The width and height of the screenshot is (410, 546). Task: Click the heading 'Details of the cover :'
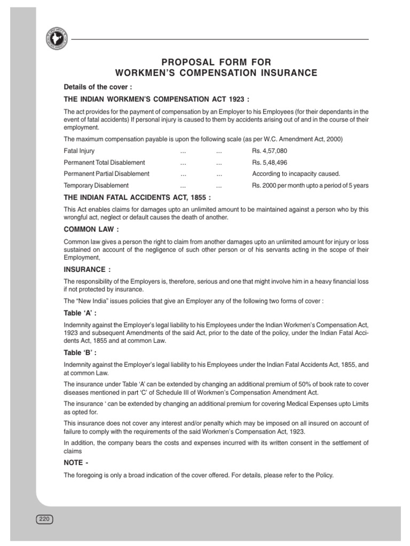[x=98, y=86]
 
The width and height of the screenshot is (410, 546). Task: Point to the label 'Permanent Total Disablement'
[x=104, y=162]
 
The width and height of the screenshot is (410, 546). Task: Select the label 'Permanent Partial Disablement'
[x=106, y=174]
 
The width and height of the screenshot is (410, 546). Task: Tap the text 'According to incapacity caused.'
[x=296, y=174]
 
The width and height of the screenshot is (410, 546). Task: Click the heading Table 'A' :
[x=80, y=314]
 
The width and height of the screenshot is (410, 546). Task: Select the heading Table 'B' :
[x=80, y=353]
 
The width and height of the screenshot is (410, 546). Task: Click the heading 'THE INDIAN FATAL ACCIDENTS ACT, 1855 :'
[x=137, y=198]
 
